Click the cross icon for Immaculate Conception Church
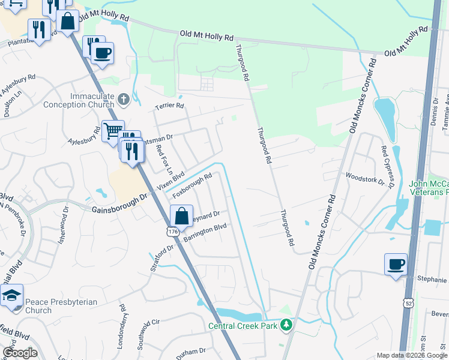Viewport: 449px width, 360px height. (x=124, y=99)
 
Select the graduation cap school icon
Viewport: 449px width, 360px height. (x=11, y=295)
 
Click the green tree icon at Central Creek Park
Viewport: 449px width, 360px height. (x=287, y=325)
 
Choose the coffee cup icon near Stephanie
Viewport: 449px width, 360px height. (x=396, y=263)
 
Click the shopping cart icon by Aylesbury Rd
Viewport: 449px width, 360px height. (x=112, y=130)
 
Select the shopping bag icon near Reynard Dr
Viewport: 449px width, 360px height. (x=181, y=216)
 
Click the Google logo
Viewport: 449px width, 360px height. (x=20, y=352)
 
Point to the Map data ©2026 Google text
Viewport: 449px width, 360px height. (x=411, y=355)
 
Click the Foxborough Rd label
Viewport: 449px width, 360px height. (x=193, y=186)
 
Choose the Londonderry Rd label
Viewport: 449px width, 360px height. (x=122, y=317)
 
